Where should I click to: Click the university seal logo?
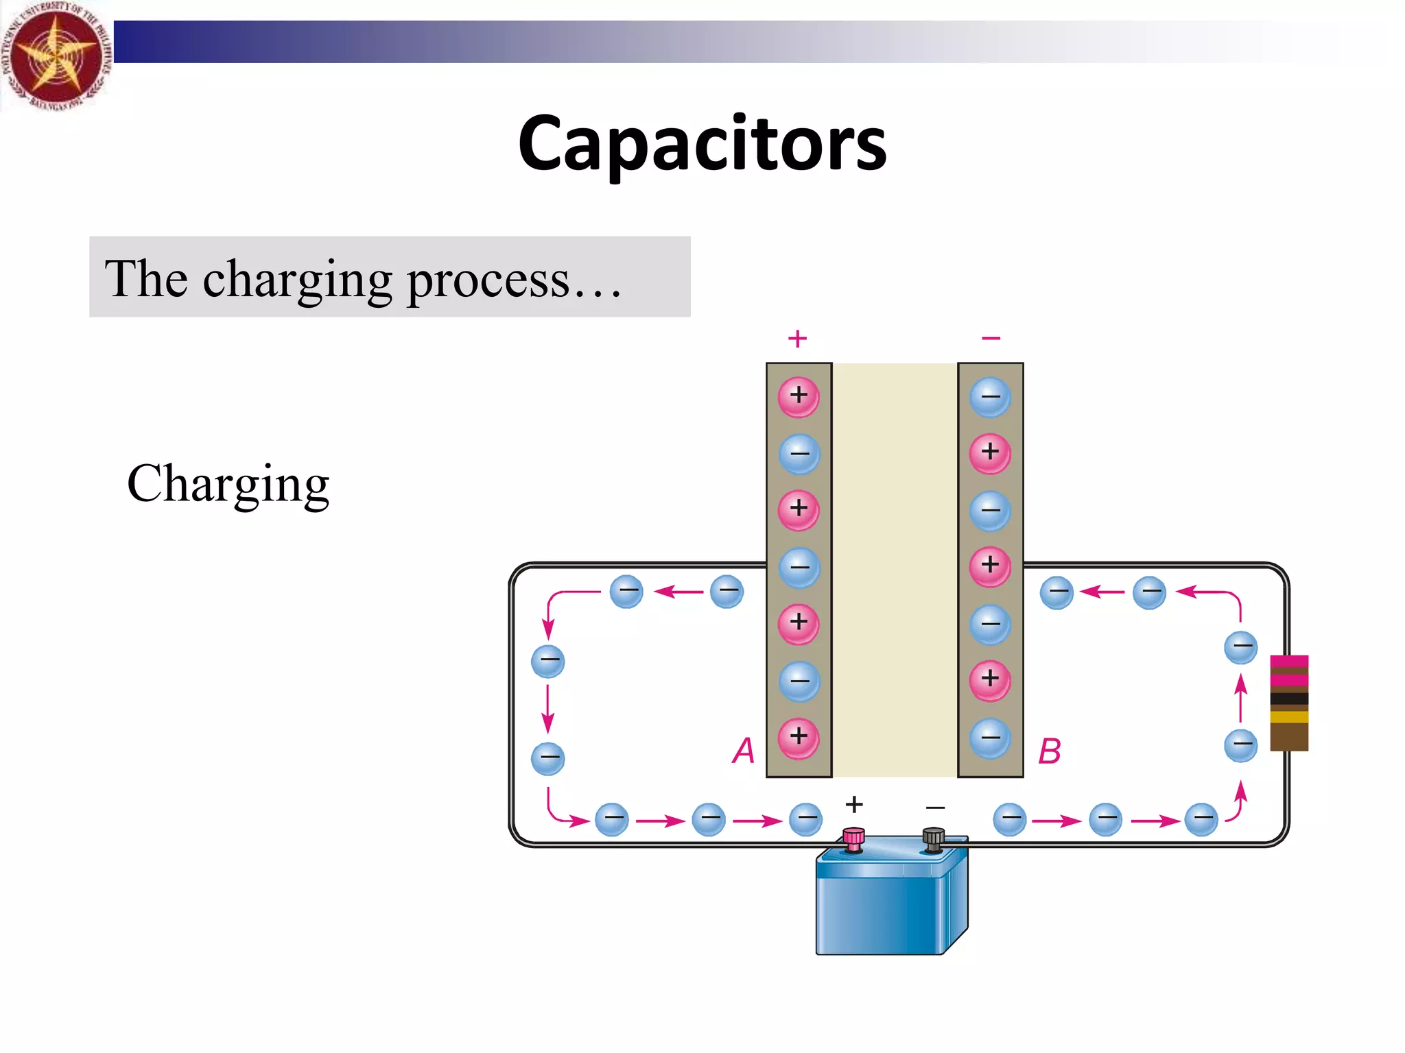click(55, 55)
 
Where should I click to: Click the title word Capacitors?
click(702, 144)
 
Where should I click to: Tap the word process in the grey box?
click(488, 280)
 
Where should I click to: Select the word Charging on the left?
click(228, 483)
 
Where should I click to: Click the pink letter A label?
click(744, 750)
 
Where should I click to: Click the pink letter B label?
click(1049, 751)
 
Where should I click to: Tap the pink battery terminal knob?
click(853, 838)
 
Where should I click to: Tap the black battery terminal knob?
click(933, 838)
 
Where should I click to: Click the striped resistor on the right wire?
click(1288, 703)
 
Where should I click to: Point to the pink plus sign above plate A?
click(797, 338)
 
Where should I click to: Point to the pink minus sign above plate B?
click(991, 338)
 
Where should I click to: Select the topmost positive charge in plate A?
click(799, 396)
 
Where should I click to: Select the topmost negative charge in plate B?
click(990, 397)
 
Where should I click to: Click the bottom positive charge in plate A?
click(799, 738)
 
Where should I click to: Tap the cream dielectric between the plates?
click(895, 569)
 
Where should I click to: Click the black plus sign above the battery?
click(854, 803)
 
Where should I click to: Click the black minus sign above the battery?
click(935, 808)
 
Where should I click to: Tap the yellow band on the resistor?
click(1288, 717)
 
